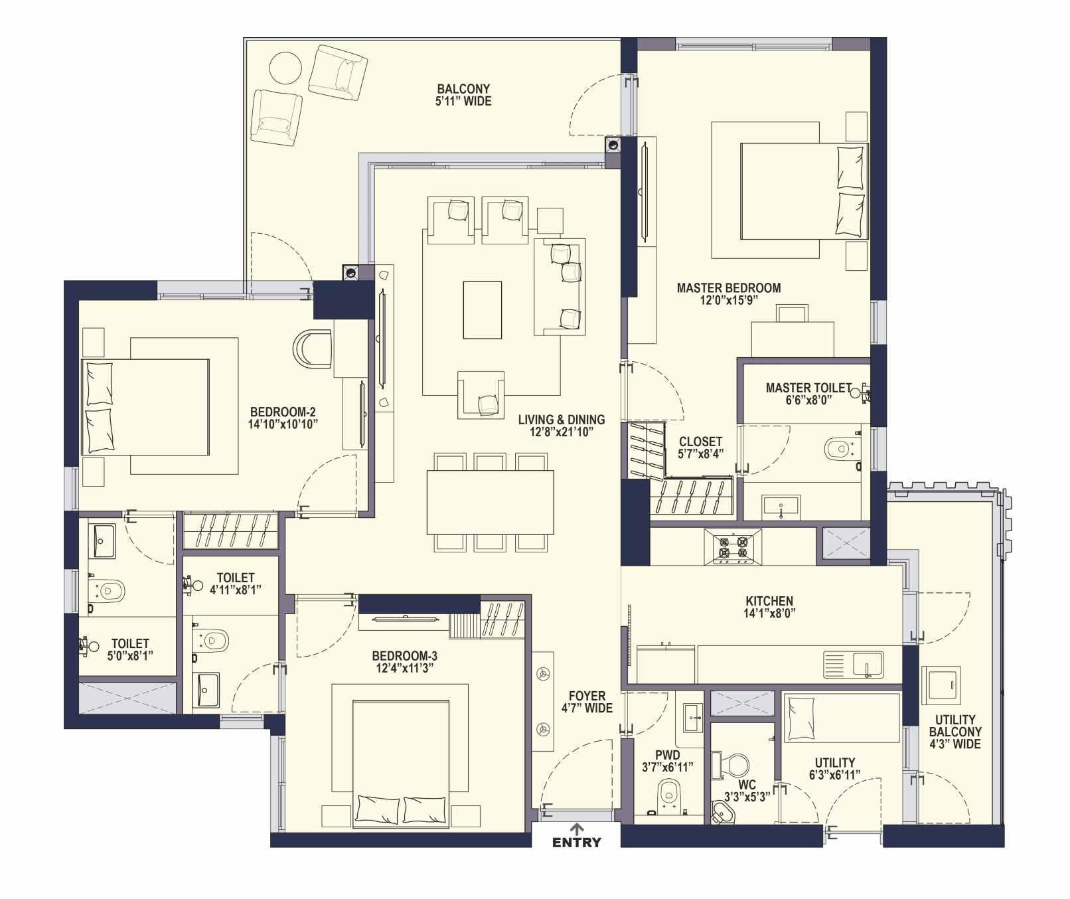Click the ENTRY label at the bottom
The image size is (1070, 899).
pos(577,843)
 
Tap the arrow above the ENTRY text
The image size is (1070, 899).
pos(577,829)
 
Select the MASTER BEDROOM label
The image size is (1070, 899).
pos(729,288)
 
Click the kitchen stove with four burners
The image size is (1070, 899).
pos(733,547)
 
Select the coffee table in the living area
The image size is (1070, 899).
pos(482,310)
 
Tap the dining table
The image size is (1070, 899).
pos(491,502)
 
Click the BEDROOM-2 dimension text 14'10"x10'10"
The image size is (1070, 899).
pos(283,424)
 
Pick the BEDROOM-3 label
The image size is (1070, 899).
pos(405,656)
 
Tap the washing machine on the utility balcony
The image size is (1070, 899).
pos(941,684)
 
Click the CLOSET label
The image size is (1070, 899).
pos(701,442)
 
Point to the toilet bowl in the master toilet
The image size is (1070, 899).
pos(840,449)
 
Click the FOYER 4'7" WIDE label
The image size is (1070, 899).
pos(587,702)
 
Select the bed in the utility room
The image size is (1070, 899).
pos(842,718)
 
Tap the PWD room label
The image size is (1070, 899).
pos(667,755)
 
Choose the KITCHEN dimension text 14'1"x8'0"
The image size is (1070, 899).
pos(769,613)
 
